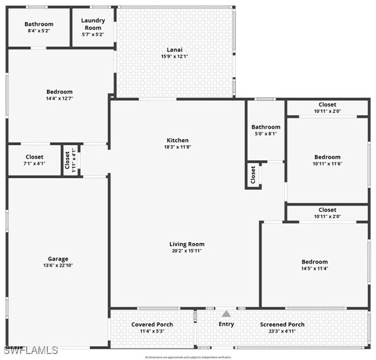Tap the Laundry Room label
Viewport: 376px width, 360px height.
93,24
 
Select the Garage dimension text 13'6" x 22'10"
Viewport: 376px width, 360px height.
58,266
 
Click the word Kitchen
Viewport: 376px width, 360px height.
178,140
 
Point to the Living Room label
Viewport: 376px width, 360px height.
186,244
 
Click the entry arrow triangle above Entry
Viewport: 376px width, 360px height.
226,313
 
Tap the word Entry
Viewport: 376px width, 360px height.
226,324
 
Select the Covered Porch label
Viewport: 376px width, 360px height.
152,325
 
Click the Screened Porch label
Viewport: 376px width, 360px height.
282,325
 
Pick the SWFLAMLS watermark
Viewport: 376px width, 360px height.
31,350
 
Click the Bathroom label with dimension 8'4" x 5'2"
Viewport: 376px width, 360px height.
39,24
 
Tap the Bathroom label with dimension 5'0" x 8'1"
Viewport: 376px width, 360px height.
266,127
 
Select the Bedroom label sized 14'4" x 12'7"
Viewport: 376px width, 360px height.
60,91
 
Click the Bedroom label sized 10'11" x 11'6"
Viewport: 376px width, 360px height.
327,157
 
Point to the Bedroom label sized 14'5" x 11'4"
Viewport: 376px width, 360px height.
314,262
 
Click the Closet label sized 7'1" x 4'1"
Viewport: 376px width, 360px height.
34,157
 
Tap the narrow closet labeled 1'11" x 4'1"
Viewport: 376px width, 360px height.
70,160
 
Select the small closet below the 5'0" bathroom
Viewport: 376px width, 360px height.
253,175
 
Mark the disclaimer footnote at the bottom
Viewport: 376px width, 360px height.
187,357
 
